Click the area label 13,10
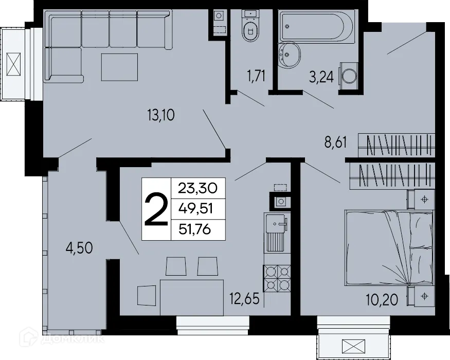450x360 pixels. coord(161,115)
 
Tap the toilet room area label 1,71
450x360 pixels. coord(256,77)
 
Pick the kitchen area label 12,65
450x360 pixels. coord(244,298)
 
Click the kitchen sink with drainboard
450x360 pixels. coord(277,232)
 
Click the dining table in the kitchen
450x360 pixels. coord(191,297)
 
